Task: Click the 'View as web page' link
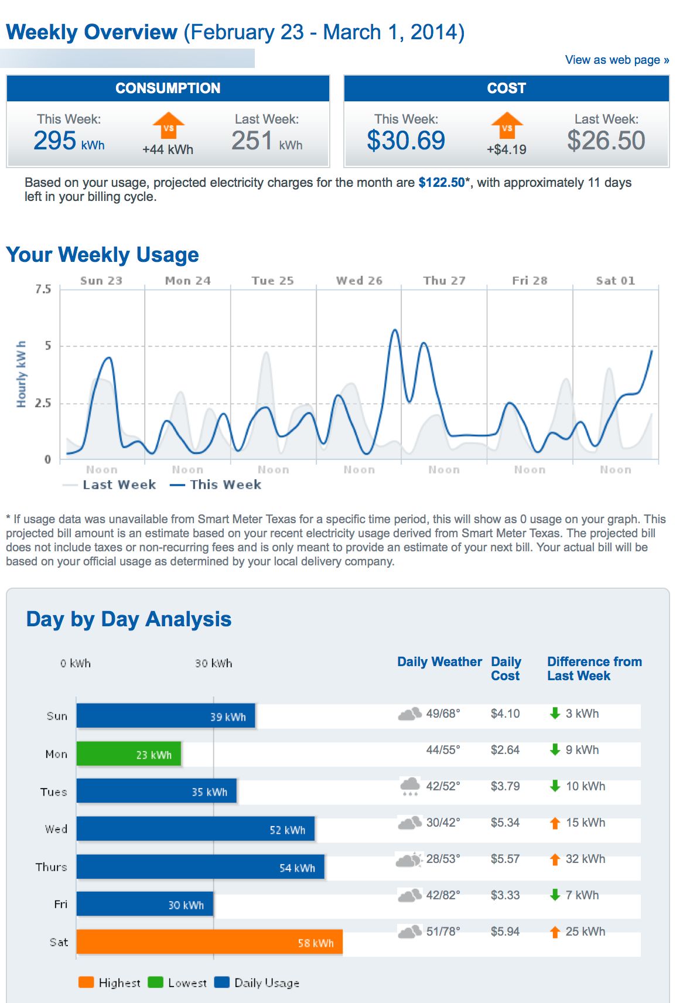coord(616,60)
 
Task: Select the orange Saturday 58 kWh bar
coord(209,942)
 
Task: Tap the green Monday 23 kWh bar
coord(129,754)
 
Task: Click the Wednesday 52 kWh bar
coord(195,829)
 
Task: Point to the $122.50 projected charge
coord(441,183)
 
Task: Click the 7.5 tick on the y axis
coord(43,289)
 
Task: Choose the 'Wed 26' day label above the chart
coord(359,281)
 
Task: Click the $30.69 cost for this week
coord(406,141)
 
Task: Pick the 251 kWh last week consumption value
coord(267,141)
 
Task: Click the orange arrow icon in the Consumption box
coord(168,125)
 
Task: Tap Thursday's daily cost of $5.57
coord(505,859)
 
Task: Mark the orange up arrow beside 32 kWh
coord(555,859)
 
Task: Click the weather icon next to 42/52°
coord(410,786)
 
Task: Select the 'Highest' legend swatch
coord(86,982)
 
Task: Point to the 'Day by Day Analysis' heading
coord(129,619)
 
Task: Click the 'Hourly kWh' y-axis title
coord(22,374)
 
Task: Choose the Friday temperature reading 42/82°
coord(443,895)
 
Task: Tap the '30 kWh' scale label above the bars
coord(213,663)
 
